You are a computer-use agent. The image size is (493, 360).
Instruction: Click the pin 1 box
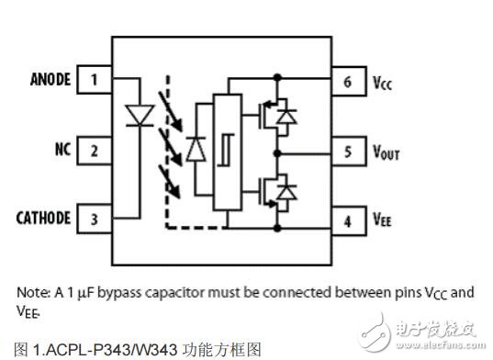tap(94, 79)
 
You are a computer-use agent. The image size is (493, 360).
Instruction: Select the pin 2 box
tap(94, 150)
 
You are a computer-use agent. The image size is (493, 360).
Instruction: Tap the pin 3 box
tap(94, 219)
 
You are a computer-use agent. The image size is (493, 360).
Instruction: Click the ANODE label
tap(42, 79)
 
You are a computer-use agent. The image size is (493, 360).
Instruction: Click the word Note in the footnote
tap(34, 292)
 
